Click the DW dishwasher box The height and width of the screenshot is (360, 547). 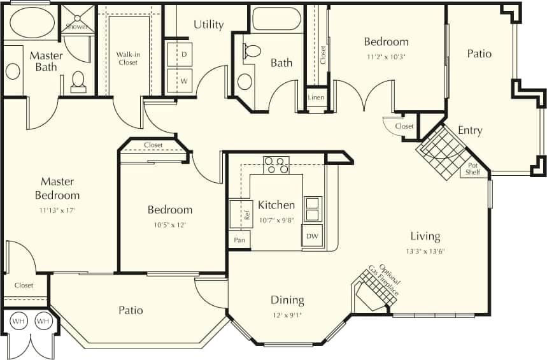coord(312,235)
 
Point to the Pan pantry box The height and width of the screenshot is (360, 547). coord(239,240)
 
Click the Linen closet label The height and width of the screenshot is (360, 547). coord(316,97)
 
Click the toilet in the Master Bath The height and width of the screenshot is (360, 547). coord(78,81)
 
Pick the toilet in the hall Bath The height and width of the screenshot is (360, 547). coord(252,51)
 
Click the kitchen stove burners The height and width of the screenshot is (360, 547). coord(276,165)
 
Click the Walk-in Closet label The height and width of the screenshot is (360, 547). coord(128,58)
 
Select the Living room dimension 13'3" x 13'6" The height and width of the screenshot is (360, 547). coord(425,251)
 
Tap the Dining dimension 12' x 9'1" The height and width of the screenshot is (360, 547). coord(287,315)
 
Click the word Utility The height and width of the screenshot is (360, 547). coord(209,25)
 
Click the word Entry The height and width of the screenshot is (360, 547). coord(470,131)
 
